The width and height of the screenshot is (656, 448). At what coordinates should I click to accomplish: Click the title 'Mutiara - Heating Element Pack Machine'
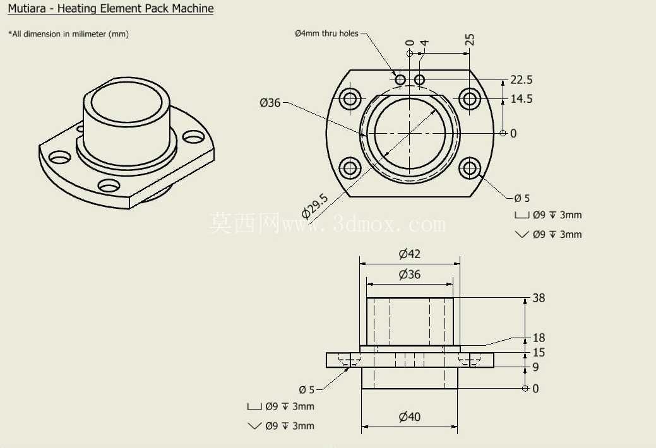coord(110,8)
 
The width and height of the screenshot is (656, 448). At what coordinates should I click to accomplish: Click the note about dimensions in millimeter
coord(68,34)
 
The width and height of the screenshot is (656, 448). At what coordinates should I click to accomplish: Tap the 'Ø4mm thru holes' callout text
coord(326,33)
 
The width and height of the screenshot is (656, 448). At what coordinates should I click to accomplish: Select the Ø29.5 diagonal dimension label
coord(315,206)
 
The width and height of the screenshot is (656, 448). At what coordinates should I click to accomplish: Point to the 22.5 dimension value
coord(522,80)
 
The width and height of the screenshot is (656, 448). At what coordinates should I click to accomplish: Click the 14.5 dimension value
coord(522,98)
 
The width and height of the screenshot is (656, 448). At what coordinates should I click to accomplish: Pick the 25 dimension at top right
coord(470,40)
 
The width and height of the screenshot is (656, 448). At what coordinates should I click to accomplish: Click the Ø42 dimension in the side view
coord(410,254)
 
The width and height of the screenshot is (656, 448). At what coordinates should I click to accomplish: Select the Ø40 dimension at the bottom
coord(410,416)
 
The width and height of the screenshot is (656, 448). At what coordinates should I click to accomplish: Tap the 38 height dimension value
coord(539,298)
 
